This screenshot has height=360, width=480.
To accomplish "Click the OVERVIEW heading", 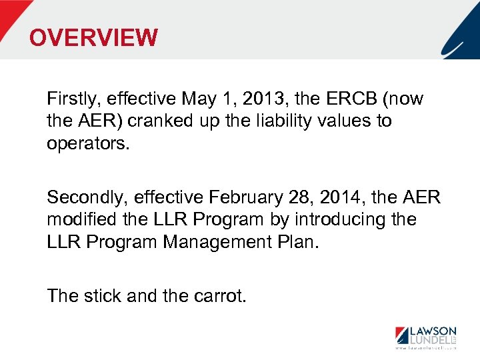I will (93, 38).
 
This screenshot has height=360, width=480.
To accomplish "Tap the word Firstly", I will (70, 99).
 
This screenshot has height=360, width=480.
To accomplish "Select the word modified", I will (76, 219).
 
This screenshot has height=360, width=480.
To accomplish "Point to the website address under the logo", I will (426, 348).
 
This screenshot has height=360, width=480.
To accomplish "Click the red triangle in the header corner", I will (12, 15).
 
